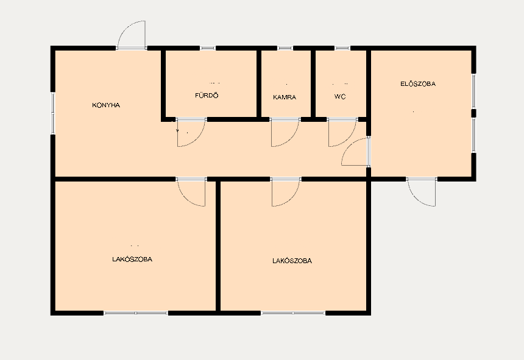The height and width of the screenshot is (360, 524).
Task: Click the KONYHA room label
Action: point(106,105)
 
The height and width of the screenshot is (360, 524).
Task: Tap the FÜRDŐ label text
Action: point(207,96)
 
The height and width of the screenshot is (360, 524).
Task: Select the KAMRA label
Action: point(285,97)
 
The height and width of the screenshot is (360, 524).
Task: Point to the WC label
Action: point(340,97)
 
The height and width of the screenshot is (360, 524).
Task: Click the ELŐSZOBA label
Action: point(418,84)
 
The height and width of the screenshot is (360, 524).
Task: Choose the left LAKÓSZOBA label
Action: point(132,259)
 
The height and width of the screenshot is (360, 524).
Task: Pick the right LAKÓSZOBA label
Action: point(292,261)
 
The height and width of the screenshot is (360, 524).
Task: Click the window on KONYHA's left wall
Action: point(53,113)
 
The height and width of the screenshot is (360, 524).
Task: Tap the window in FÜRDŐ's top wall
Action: point(208,48)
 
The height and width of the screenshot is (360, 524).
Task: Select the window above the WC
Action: point(342,48)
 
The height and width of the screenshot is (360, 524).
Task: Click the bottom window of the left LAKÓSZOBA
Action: point(136,313)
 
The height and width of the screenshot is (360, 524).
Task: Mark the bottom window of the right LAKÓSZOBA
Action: point(293,313)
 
